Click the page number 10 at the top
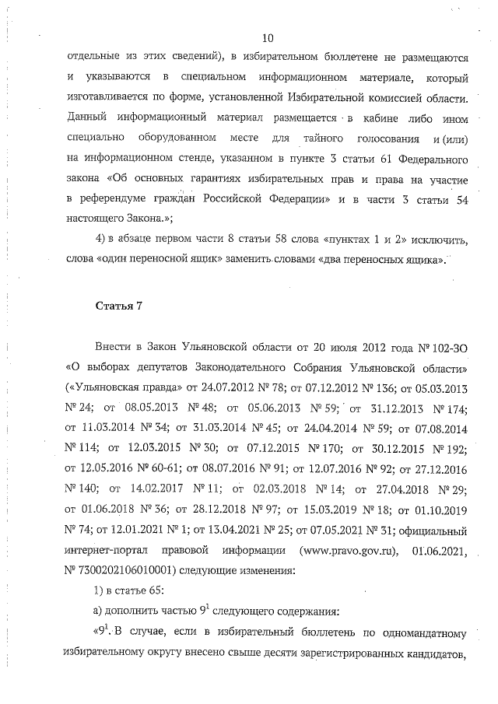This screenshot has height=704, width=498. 268,38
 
